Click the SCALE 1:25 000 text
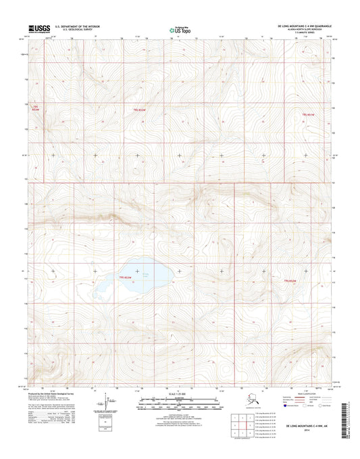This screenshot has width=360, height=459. pos(180,394)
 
